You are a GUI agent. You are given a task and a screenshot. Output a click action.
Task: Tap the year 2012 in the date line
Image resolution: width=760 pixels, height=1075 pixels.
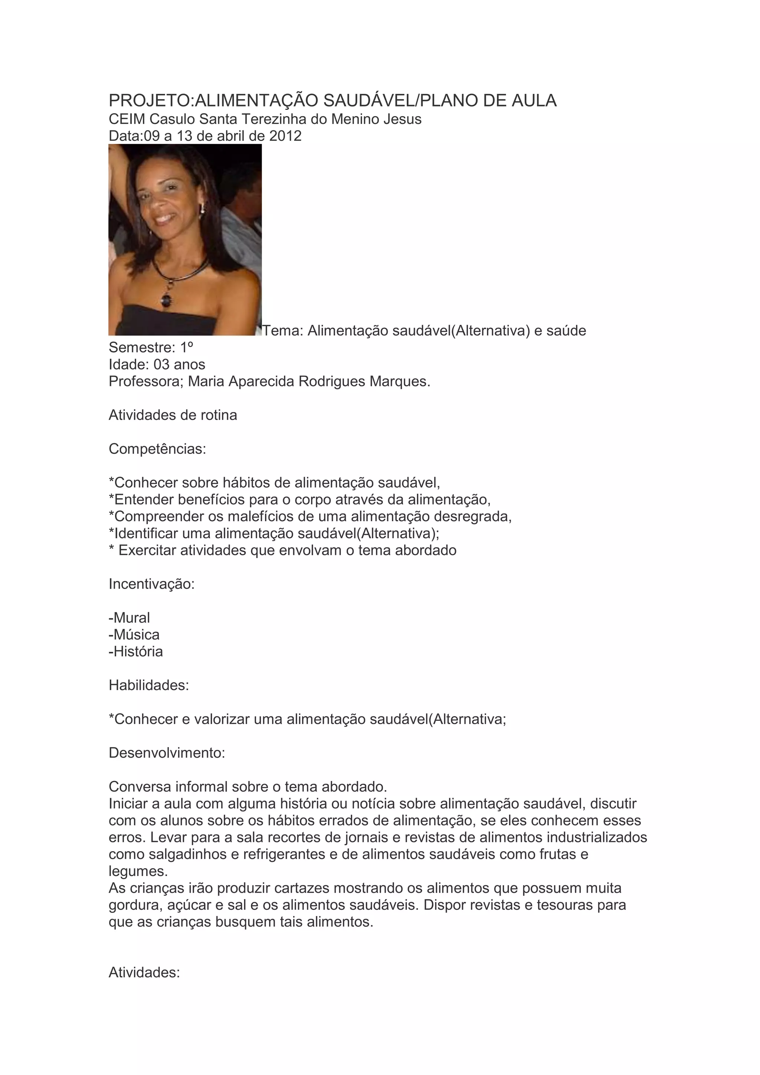(x=285, y=136)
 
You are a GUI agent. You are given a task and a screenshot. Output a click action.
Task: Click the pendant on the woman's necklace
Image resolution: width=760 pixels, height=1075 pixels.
(x=166, y=299)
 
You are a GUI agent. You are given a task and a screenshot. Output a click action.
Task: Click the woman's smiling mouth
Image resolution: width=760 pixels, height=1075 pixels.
(x=165, y=218)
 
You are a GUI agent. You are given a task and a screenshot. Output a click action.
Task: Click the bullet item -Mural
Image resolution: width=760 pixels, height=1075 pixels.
(x=129, y=618)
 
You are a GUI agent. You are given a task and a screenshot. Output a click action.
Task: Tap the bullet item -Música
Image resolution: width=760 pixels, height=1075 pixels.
(x=134, y=635)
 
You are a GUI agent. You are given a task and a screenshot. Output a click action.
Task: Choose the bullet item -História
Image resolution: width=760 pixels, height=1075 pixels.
(x=136, y=652)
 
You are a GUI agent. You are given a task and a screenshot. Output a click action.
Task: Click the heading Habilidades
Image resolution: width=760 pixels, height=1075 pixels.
(x=149, y=686)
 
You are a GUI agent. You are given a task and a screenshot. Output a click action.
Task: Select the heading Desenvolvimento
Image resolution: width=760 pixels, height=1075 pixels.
(x=167, y=753)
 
